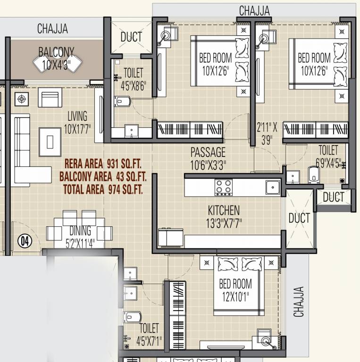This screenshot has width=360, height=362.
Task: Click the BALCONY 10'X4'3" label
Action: [x=56, y=58]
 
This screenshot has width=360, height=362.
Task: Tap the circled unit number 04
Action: [x=25, y=241]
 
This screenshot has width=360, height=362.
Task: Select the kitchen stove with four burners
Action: [x=224, y=187]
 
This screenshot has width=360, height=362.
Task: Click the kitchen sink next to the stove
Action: [x=272, y=187]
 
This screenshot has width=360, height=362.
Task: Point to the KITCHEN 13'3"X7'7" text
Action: [x=224, y=216]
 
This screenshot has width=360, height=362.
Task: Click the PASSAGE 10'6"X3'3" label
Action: [x=208, y=158]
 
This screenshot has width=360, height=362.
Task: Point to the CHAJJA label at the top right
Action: [x=254, y=10]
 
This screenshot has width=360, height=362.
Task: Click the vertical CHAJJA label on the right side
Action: [x=299, y=302]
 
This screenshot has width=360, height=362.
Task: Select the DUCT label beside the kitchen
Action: [x=299, y=218]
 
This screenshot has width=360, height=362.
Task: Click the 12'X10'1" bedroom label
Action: [x=235, y=290]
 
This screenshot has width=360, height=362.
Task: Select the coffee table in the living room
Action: [x=50, y=141]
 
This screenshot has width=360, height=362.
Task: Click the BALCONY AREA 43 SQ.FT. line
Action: [x=103, y=177]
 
